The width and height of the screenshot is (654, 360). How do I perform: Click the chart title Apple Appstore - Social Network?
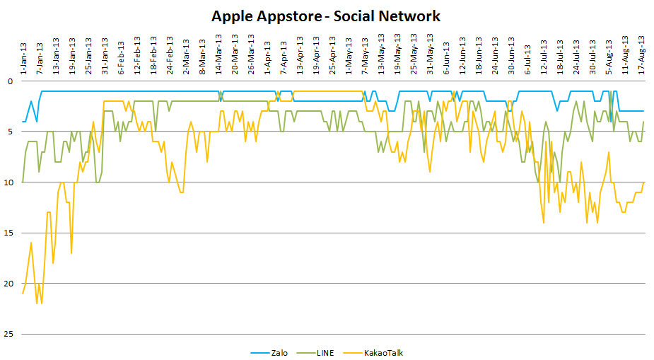326,16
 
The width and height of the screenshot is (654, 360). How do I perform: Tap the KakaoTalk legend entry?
383,352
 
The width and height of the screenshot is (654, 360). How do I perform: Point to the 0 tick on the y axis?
10,81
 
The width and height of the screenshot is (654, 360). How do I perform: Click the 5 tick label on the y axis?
10,132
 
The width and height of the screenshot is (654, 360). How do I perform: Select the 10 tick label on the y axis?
8,182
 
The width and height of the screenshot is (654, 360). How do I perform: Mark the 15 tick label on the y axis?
8,233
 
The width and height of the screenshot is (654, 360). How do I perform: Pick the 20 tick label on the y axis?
8,284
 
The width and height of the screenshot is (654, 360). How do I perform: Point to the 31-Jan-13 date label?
105,54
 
